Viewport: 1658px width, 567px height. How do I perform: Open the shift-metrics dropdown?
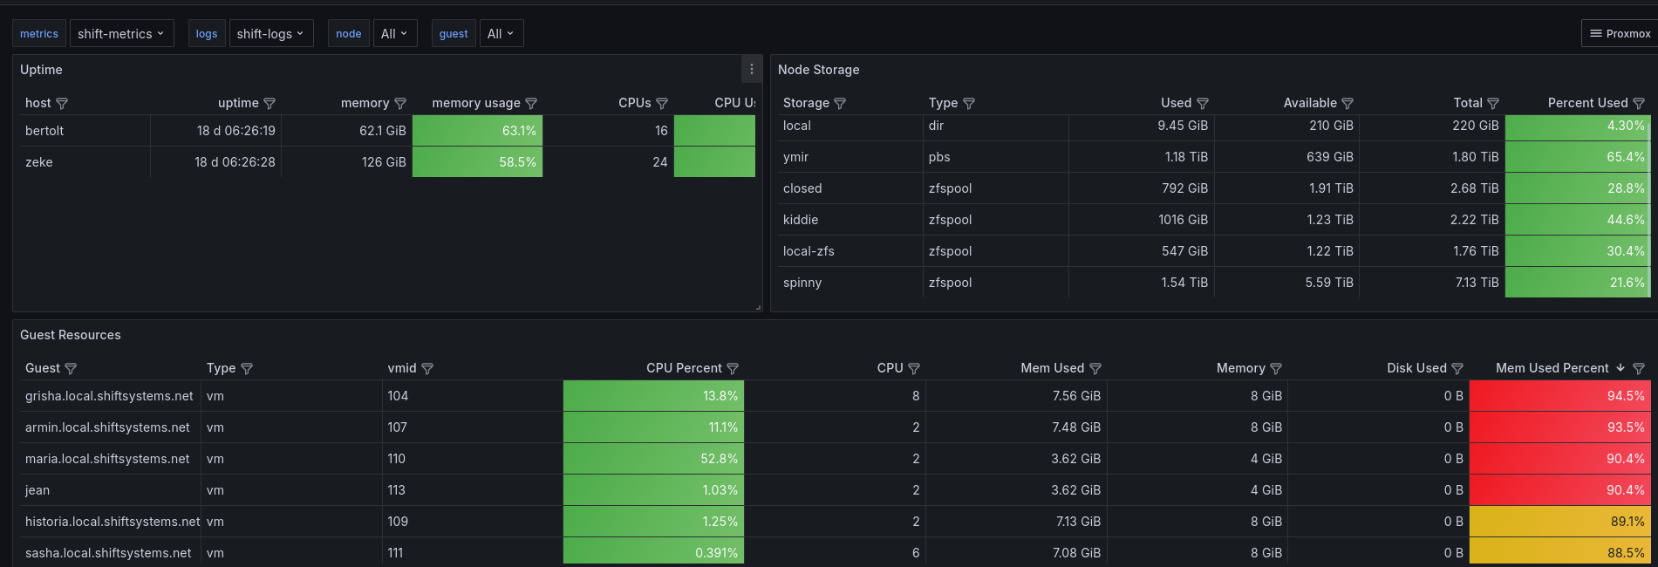pyautogui.click(x=121, y=34)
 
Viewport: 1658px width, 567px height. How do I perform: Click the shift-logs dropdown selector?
pyautogui.click(x=270, y=34)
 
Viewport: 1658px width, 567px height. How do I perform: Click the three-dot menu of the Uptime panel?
pyautogui.click(x=752, y=70)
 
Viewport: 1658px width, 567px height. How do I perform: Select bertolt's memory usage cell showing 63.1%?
pyautogui.click(x=477, y=131)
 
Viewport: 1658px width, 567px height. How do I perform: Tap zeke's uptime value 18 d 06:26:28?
pyautogui.click(x=235, y=162)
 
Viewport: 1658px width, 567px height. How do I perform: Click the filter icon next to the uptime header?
pyautogui.click(x=270, y=104)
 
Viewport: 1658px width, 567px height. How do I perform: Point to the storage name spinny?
pyautogui.click(x=802, y=283)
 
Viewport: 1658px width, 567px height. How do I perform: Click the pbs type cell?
pyautogui.click(x=939, y=157)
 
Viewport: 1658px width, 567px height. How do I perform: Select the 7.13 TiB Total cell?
pyautogui.click(x=1477, y=283)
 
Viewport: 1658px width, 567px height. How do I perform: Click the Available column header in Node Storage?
pyautogui.click(x=1309, y=103)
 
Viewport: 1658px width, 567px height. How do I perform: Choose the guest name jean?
pyautogui.click(x=38, y=490)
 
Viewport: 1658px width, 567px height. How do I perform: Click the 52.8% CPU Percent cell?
pyautogui.click(x=653, y=459)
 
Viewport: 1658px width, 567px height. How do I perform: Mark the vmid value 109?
pyautogui.click(x=398, y=522)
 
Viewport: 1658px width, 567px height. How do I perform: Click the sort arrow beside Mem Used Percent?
pyautogui.click(x=1620, y=368)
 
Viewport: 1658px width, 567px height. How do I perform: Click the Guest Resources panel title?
pyautogui.click(x=71, y=335)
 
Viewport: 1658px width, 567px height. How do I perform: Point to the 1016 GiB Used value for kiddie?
pyautogui.click(x=1183, y=220)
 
